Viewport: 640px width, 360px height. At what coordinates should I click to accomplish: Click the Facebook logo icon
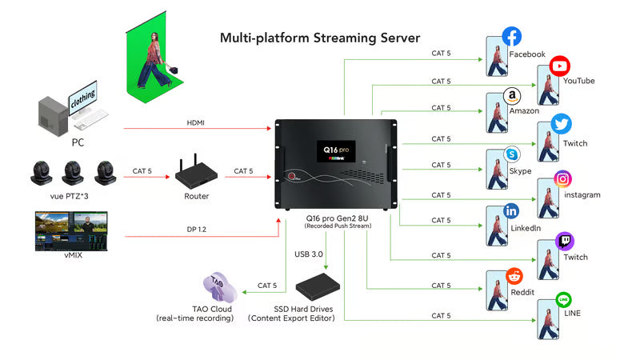[512, 36]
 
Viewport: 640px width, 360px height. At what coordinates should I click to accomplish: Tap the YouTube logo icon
[560, 66]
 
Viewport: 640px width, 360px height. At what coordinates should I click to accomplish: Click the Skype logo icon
[512, 154]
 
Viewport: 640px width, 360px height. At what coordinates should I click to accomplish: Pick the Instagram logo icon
[562, 179]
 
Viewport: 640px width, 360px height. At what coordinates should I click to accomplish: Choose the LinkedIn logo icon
[512, 211]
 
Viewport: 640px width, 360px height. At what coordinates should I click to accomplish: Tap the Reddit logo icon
[514, 277]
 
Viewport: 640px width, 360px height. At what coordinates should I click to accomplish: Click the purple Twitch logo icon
[564, 241]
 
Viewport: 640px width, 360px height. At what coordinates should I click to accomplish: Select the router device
[192, 174]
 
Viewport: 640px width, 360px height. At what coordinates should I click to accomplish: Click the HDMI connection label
[196, 122]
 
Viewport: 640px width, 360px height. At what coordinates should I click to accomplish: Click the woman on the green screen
[152, 62]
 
